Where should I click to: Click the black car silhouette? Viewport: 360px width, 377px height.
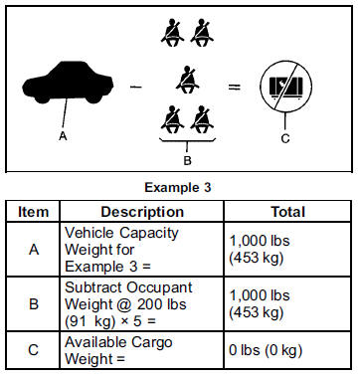coord(68,83)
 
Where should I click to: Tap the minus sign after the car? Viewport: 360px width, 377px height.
coord(136,88)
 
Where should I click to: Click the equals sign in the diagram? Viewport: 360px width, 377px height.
coord(235,88)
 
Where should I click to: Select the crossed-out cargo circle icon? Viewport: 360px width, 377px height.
coord(285,87)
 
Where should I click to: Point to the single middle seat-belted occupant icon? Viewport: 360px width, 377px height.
coord(188,80)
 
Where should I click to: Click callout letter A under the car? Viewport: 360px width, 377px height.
coord(63,136)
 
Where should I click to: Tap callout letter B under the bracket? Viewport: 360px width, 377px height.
coord(187,160)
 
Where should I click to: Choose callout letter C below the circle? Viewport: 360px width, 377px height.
coord(285,138)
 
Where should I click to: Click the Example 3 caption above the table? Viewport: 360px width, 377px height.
coord(178,188)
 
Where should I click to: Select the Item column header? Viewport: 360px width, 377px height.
coord(33,212)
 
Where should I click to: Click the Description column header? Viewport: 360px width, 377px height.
coord(142,212)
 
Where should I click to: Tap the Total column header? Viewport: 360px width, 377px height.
coord(287,212)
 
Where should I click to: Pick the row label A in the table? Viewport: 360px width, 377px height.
coord(34,250)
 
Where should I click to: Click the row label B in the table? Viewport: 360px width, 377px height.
coord(34,304)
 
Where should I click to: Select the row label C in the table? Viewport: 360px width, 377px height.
coord(34,350)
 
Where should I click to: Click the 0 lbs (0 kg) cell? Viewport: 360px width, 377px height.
coord(266,350)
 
